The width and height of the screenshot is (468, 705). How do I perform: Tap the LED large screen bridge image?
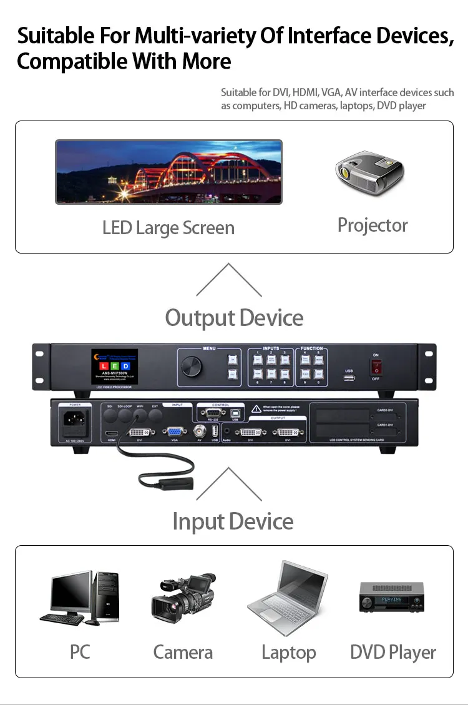(168, 171)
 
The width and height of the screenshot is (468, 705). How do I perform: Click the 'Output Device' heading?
(234, 318)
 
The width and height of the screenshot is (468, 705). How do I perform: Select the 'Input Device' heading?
(233, 521)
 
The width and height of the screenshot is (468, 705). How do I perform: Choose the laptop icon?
(288, 598)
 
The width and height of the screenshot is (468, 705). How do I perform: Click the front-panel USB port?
(349, 378)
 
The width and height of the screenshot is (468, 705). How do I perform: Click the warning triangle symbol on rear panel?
(256, 409)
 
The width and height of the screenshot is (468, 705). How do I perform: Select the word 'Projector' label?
(373, 225)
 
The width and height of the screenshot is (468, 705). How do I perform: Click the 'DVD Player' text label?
(392, 653)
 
